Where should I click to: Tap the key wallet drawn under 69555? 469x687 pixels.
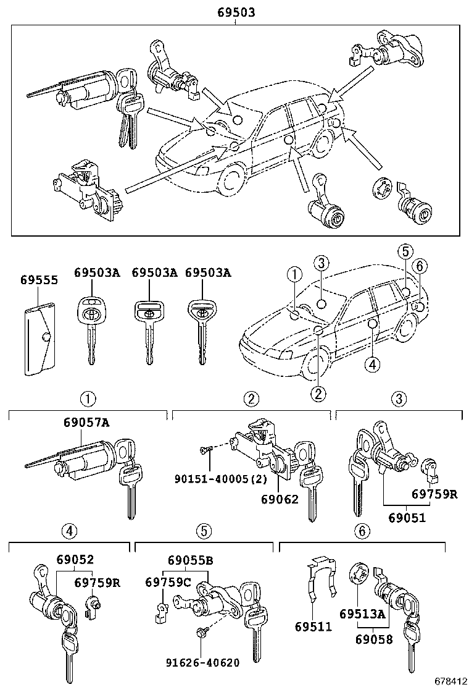coord(40,339)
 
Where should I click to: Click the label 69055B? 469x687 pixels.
coord(190,560)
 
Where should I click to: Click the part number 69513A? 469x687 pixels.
coord(362,613)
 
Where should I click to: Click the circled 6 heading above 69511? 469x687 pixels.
coord(362,530)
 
